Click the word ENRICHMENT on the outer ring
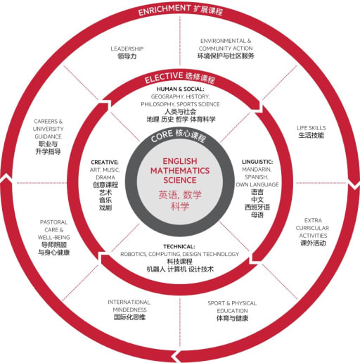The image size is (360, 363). pyautogui.click(x=164, y=10)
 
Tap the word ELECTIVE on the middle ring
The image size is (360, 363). pyautogui.click(x=164, y=77)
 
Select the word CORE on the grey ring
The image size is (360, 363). pyautogui.click(x=162, y=136)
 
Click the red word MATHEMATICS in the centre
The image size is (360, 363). pyautogui.click(x=180, y=171)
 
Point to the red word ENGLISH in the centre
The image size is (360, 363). pyautogui.click(x=180, y=161)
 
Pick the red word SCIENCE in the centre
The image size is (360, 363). pyautogui.click(x=180, y=180)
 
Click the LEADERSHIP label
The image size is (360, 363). pyautogui.click(x=127, y=49)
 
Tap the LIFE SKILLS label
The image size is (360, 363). pyautogui.click(x=311, y=128)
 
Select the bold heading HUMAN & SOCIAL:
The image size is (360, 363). pyautogui.click(x=180, y=89)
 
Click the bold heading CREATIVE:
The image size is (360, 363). pyautogui.click(x=105, y=163)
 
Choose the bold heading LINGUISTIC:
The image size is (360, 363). pyautogui.click(x=257, y=162)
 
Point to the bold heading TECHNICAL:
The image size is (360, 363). pyautogui.click(x=179, y=246)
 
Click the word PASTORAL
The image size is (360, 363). pyautogui.click(x=53, y=222)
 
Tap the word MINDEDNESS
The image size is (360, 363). pyautogui.click(x=129, y=310)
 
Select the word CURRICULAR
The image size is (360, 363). pyautogui.click(x=312, y=228)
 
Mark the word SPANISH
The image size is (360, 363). pyautogui.click(x=257, y=177)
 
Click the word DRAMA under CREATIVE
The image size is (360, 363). pyautogui.click(x=105, y=177)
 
